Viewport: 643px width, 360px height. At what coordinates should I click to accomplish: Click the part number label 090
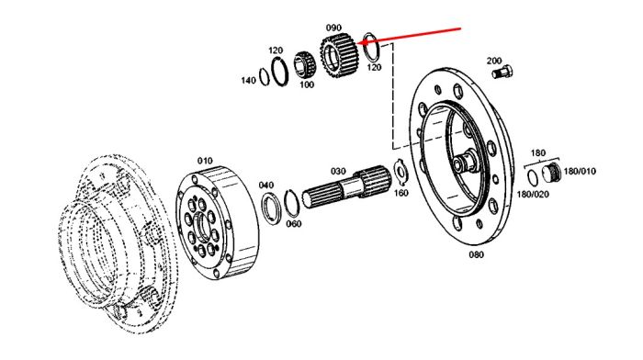pos(333,28)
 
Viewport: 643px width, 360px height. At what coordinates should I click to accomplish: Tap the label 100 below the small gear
pos(306,84)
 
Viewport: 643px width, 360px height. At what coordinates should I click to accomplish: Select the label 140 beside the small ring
pos(248,81)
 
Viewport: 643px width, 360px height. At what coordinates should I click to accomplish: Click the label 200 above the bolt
pos(494,61)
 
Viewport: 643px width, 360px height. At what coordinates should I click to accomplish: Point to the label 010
pos(205,161)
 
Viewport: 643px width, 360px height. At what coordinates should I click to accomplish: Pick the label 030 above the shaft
pos(338,171)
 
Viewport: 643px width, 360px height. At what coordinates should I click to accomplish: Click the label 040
pos(266,186)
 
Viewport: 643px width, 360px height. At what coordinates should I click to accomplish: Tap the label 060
pos(294,224)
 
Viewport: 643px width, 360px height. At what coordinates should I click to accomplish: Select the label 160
pos(400,192)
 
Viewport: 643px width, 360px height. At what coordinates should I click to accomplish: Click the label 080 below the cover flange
pos(476,254)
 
